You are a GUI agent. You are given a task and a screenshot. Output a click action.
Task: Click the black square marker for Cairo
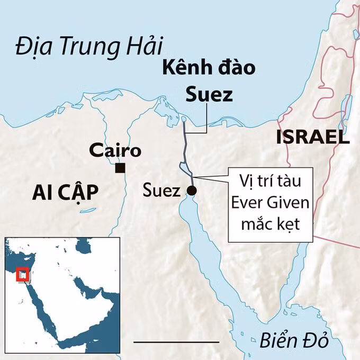120,168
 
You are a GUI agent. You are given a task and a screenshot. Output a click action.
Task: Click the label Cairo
115,150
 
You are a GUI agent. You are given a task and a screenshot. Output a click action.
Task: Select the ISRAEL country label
313,138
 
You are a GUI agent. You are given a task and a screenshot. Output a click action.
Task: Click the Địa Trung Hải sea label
88,47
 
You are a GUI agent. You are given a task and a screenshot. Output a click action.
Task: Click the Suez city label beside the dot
162,191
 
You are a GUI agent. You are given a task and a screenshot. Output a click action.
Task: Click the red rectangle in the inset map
23,274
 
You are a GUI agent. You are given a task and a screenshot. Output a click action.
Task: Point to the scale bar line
176,342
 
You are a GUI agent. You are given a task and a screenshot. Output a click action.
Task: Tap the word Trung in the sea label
92,47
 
